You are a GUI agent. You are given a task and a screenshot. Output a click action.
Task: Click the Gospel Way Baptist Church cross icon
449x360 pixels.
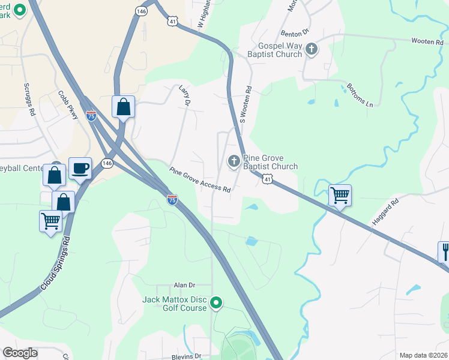[x=311, y=49]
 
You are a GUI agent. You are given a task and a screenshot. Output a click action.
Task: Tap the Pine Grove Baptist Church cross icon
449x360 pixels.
[x=233, y=161]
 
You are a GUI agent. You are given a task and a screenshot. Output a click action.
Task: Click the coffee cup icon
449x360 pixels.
[x=80, y=167]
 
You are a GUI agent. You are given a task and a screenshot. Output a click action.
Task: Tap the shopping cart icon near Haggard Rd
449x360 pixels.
[x=340, y=194]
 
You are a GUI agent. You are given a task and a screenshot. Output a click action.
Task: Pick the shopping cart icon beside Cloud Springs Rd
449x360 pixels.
[x=50, y=221]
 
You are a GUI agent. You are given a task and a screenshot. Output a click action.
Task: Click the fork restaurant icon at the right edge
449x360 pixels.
[x=445, y=250]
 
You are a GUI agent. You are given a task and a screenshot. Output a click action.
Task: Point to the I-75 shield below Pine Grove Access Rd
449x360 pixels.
[x=172, y=200]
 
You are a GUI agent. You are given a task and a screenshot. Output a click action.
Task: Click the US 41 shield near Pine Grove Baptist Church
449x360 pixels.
[x=267, y=178]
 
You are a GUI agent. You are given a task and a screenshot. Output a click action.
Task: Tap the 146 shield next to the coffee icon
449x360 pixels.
[x=107, y=164]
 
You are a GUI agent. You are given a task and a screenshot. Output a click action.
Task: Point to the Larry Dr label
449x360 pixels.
[x=184, y=96]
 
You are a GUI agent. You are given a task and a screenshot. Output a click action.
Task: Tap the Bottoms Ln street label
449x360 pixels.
[x=360, y=95]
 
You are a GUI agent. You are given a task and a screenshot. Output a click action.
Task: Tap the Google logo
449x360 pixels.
[x=20, y=353]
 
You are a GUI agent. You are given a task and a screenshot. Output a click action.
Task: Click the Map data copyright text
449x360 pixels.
[x=424, y=355]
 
